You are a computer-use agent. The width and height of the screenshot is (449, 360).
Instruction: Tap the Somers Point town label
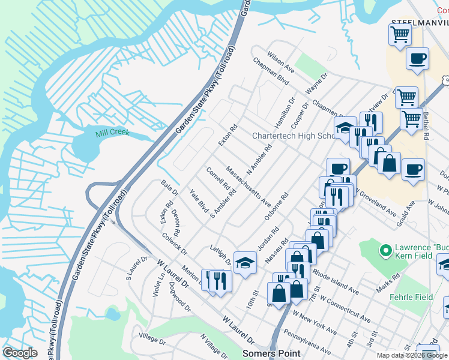tap(271, 353)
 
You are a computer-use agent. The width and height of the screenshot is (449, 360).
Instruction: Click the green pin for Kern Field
tap(385, 248)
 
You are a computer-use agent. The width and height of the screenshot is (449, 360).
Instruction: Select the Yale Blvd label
tap(199, 202)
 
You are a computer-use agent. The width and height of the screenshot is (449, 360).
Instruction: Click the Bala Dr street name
tap(170, 188)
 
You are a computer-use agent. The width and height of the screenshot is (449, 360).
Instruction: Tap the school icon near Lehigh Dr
tap(245, 262)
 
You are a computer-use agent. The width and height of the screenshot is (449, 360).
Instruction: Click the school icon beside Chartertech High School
tap(345, 129)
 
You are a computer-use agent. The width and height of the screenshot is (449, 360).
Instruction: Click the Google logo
tap(20, 353)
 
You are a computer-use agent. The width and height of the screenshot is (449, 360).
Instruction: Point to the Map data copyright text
tap(412, 355)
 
